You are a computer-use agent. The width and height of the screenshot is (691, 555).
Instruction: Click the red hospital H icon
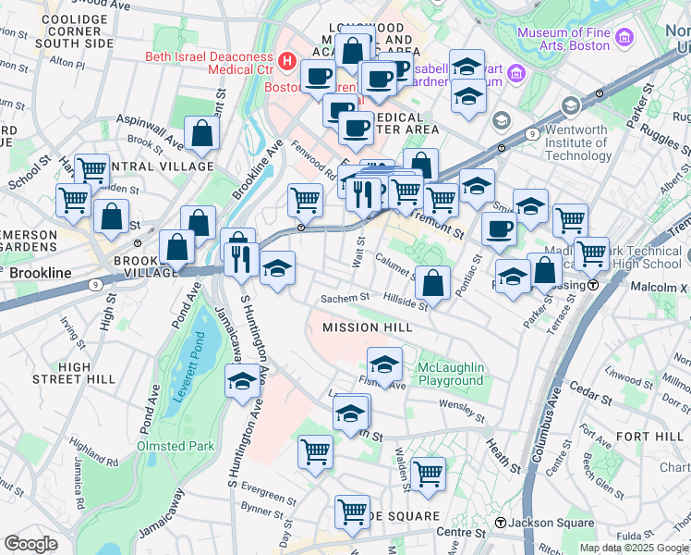287,62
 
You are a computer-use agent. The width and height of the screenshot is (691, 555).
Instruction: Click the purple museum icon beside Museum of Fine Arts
625,39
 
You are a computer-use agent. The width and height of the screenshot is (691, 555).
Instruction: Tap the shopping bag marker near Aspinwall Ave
201,135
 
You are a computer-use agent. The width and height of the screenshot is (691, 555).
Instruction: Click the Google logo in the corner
30,544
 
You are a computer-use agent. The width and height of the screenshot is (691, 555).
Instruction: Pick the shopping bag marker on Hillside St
432,284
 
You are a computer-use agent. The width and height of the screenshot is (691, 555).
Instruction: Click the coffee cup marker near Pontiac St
499,229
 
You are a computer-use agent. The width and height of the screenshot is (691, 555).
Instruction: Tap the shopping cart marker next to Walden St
428,474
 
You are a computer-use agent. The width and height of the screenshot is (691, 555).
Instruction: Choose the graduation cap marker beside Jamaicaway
242,381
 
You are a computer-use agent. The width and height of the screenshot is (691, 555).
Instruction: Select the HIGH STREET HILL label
87,373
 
